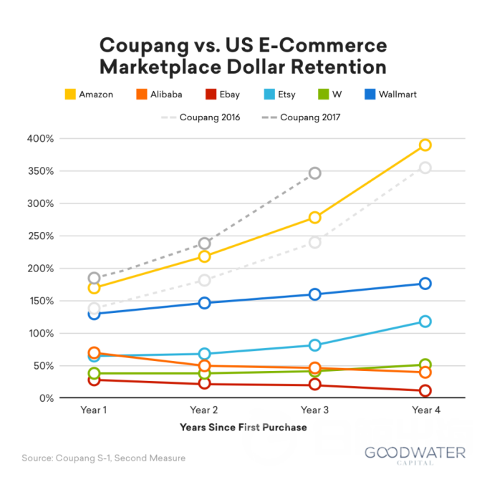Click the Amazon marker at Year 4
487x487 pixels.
coord(425,145)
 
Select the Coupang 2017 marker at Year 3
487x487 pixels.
coord(315,173)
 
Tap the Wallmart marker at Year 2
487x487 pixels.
coord(205,303)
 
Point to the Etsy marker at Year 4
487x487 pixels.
coord(425,322)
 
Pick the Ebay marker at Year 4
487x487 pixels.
coord(425,391)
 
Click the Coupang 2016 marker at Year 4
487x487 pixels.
coord(425,168)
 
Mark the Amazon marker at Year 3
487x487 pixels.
coord(315,217)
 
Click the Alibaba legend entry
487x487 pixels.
coord(159,94)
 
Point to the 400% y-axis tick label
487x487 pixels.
coord(64,138)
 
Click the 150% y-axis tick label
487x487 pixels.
coord(64,301)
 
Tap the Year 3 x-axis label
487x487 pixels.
coord(315,410)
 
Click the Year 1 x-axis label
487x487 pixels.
coord(94,410)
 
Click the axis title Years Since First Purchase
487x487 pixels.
coord(243,428)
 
